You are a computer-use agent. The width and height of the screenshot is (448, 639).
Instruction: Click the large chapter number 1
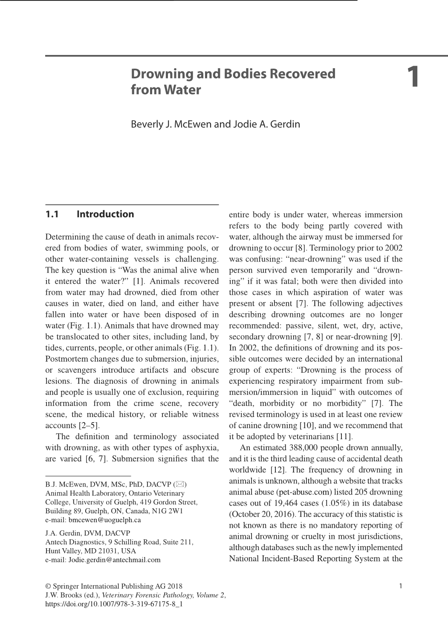pyautogui.click(x=413, y=78)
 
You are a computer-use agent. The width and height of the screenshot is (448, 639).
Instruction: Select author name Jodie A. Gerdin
pyautogui.click(x=266, y=124)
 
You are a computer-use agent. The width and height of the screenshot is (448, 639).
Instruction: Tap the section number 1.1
pyautogui.click(x=52, y=214)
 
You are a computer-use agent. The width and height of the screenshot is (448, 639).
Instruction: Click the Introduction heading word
pyautogui.click(x=105, y=214)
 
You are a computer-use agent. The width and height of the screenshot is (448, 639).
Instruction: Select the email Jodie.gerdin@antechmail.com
pyautogui.click(x=114, y=560)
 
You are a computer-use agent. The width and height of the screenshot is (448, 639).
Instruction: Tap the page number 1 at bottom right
pyautogui.click(x=400, y=586)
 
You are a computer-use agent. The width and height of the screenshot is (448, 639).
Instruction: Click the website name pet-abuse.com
pyautogui.click(x=304, y=492)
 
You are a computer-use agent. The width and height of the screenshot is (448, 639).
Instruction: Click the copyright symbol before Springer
pyautogui.click(x=48, y=586)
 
